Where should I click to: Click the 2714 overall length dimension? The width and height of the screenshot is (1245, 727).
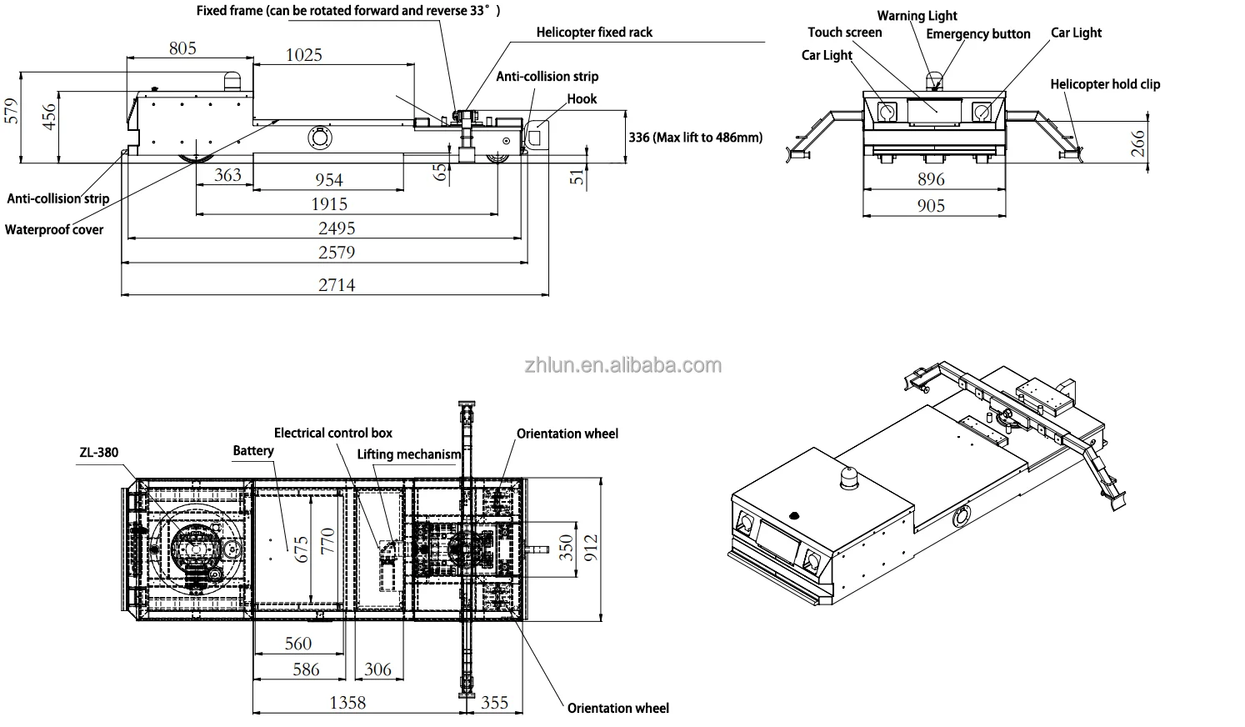[337, 285]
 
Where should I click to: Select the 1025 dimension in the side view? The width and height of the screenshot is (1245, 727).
[303, 55]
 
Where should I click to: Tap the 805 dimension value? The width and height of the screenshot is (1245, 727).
[182, 48]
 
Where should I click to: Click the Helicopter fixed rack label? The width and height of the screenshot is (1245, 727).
[594, 33]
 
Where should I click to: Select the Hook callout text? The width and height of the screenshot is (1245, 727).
[582, 98]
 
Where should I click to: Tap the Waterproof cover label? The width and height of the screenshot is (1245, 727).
[54, 229]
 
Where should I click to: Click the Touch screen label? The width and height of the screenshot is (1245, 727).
[844, 33]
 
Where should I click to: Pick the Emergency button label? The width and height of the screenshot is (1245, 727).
[977, 34]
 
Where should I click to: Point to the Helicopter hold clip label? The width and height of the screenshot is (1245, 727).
[1104, 84]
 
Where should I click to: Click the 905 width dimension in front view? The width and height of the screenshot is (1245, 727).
[931, 205]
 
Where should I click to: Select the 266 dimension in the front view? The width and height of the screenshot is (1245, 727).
[1138, 144]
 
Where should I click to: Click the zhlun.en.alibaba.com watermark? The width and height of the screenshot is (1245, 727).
[622, 365]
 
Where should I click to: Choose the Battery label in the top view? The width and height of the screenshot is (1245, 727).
[253, 450]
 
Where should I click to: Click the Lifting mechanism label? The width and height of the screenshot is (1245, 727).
[408, 454]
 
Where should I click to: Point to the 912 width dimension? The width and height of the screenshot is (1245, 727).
[590, 548]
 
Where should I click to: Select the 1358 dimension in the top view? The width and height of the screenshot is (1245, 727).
[347, 702]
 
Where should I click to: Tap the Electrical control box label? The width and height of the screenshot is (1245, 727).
[332, 433]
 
